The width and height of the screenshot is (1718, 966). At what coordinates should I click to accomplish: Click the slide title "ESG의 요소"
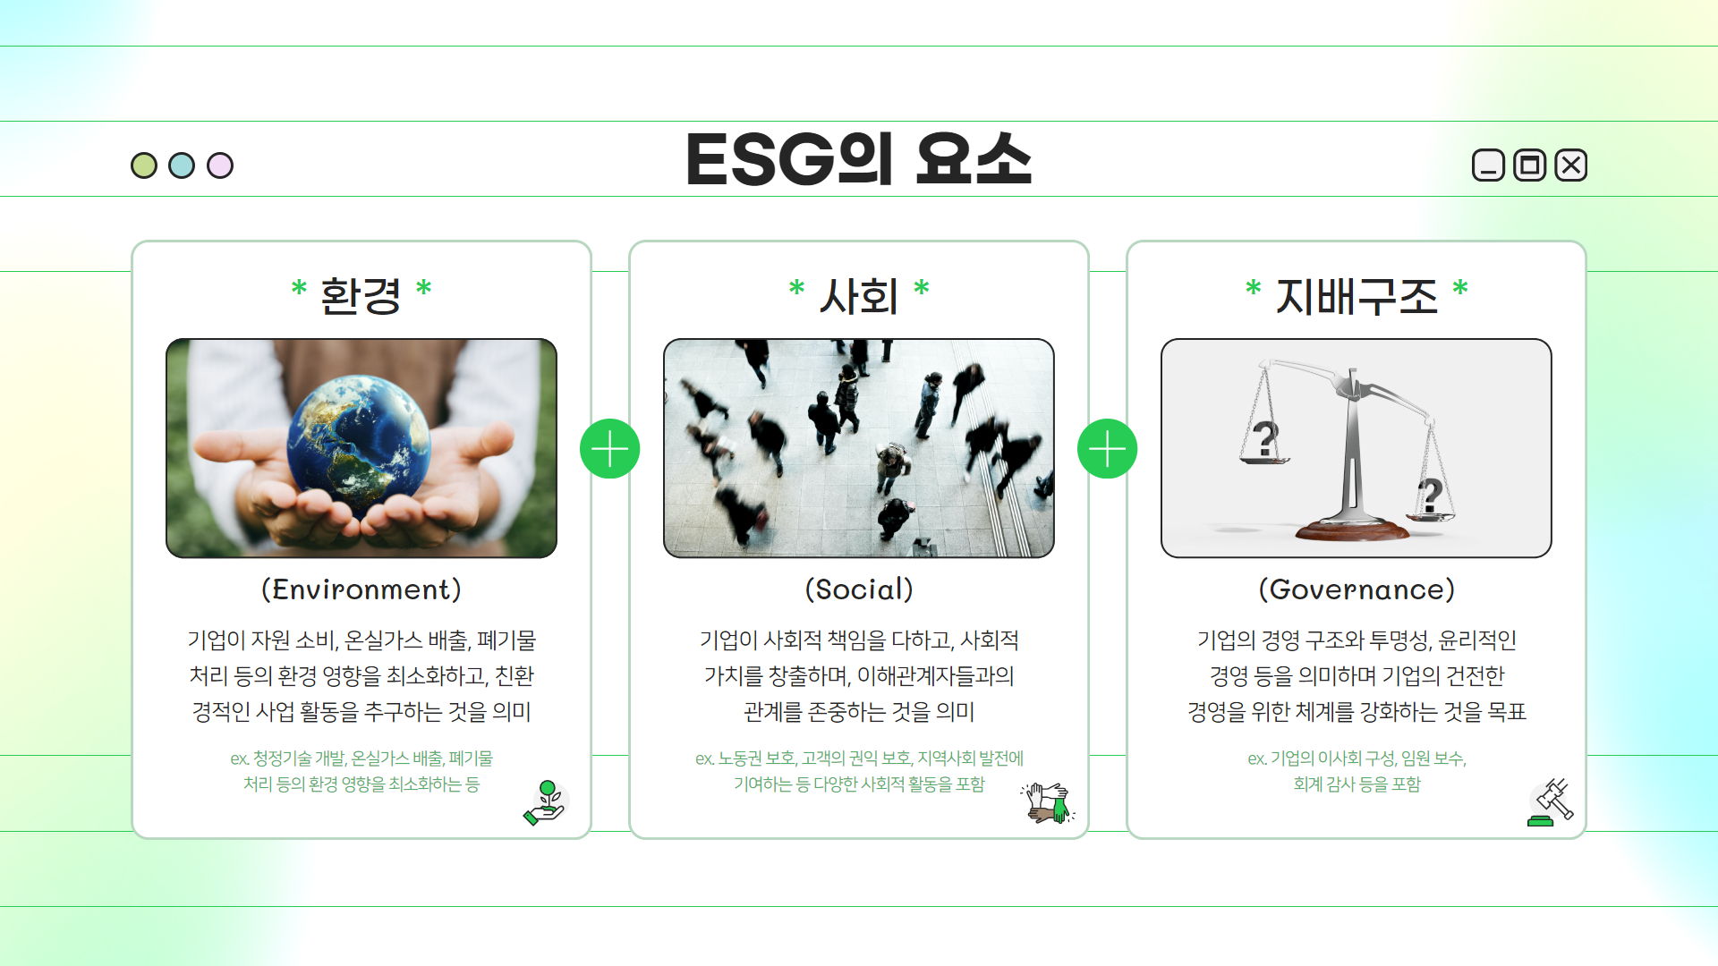click(859, 159)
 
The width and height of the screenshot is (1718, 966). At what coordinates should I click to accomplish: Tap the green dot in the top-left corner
click(144, 165)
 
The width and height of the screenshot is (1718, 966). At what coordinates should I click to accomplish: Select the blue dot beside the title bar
click(182, 165)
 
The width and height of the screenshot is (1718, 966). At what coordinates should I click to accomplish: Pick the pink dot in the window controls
click(220, 165)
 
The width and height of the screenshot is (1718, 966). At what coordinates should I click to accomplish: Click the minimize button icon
click(1488, 165)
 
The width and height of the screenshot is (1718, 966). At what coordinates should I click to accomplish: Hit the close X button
click(1571, 165)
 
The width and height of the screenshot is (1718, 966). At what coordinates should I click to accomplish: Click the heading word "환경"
click(361, 296)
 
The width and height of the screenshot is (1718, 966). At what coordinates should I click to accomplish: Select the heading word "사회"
click(859, 296)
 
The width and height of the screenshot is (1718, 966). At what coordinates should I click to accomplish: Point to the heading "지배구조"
click(1357, 296)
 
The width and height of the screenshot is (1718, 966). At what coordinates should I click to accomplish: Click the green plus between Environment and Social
click(610, 449)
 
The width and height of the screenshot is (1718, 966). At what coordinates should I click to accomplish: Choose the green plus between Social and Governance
click(1108, 449)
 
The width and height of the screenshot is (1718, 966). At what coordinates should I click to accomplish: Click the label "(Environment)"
click(361, 589)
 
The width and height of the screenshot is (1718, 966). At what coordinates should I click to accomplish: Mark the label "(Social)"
click(859, 589)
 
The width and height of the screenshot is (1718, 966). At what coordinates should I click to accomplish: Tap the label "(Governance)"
click(1357, 589)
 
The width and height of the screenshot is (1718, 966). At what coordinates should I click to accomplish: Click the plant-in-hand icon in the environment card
click(546, 802)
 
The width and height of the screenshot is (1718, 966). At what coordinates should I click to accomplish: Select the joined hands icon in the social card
click(1048, 802)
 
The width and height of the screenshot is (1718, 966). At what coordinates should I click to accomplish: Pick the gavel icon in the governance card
click(1551, 802)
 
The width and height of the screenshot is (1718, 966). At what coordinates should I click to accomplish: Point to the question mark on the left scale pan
click(1264, 438)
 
